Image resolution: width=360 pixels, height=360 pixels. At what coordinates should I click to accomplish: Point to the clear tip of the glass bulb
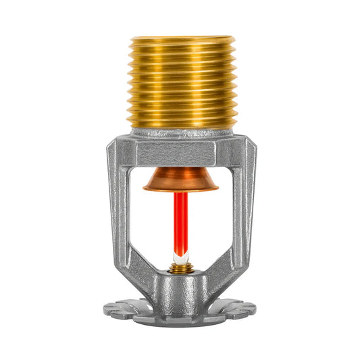180,255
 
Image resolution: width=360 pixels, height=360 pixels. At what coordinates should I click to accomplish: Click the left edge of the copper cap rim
145,186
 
